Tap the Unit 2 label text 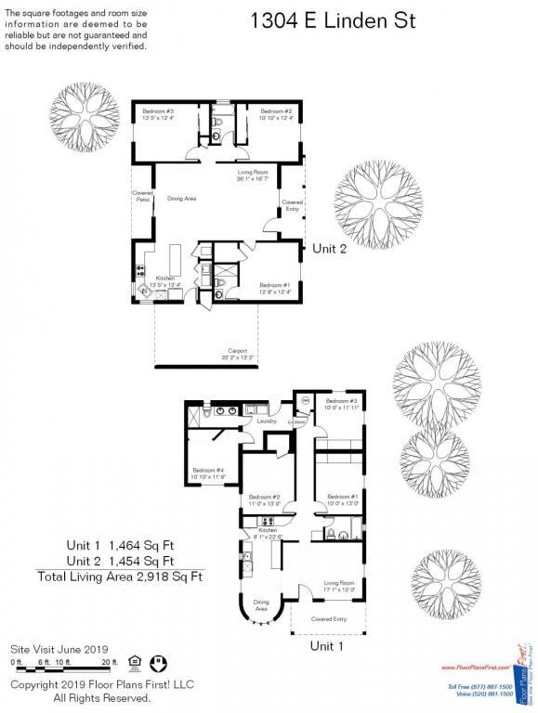[x=329, y=248]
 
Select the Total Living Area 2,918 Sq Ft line [x=119, y=577]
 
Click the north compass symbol [x=159, y=662]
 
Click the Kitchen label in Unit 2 [x=165, y=279]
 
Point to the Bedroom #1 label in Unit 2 [x=275, y=285]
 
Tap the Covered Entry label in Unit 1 [x=329, y=618]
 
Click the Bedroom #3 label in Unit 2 [x=158, y=110]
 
